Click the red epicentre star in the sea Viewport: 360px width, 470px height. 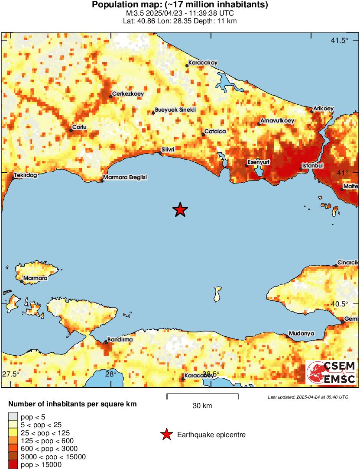point(180,210)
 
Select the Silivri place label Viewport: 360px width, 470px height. point(168,150)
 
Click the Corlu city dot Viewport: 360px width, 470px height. point(71,130)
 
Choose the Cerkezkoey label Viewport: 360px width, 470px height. point(128,93)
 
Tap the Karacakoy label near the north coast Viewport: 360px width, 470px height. point(203,62)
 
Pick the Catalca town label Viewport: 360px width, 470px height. point(215,132)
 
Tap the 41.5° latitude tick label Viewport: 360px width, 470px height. point(339,41)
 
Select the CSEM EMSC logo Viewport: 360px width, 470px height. point(331,372)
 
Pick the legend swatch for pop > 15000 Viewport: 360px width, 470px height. point(13,465)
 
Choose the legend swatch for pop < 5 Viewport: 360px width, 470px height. point(13,417)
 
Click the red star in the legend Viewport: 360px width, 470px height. point(166,435)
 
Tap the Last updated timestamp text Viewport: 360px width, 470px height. point(308,397)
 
